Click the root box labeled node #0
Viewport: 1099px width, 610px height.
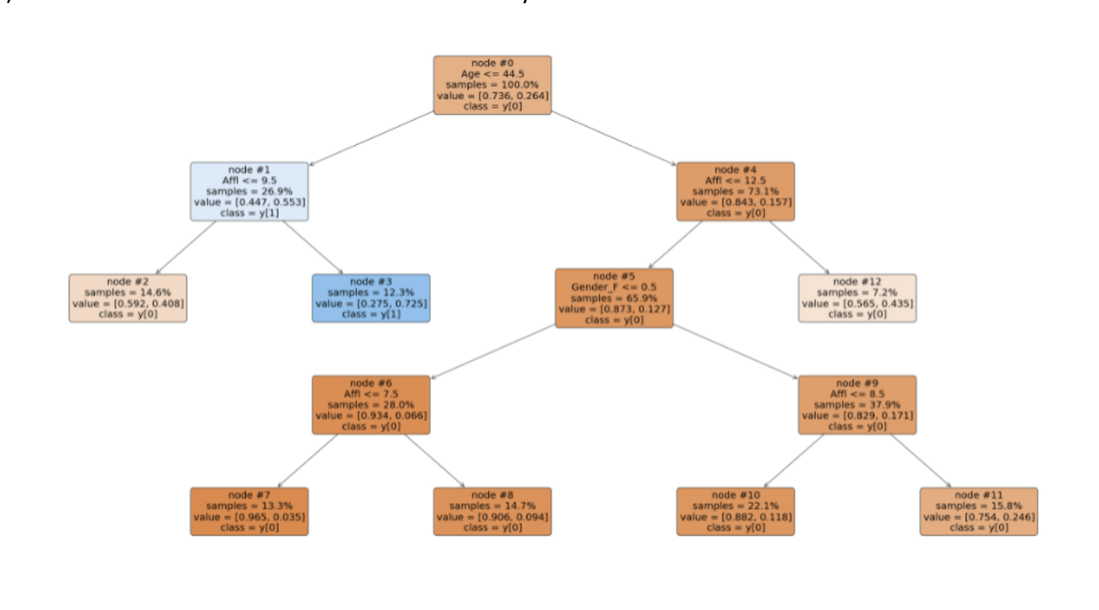coord(492,85)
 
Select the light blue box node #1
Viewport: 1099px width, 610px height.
coord(249,191)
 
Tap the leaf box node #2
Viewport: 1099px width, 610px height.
coord(128,298)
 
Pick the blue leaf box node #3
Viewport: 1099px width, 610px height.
coord(371,298)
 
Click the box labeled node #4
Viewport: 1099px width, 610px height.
coord(736,191)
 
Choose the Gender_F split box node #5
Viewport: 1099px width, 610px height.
coord(614,298)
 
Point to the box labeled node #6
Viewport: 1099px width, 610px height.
coord(371,404)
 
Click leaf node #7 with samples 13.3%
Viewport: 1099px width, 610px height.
coord(249,511)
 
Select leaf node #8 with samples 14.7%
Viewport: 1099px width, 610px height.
coord(492,511)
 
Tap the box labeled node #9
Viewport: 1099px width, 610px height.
coord(857,404)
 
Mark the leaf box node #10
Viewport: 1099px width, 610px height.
coord(736,511)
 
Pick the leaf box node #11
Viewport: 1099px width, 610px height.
coord(979,511)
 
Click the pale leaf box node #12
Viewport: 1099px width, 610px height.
coord(857,298)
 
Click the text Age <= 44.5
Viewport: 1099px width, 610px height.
coord(493,74)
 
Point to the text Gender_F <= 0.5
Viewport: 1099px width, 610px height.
coord(614,287)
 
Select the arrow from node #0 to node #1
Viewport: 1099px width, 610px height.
coord(372,138)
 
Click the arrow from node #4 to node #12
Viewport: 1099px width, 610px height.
coord(799,247)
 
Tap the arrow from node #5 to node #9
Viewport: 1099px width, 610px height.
coord(736,351)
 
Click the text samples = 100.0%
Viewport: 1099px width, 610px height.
coord(492,85)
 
